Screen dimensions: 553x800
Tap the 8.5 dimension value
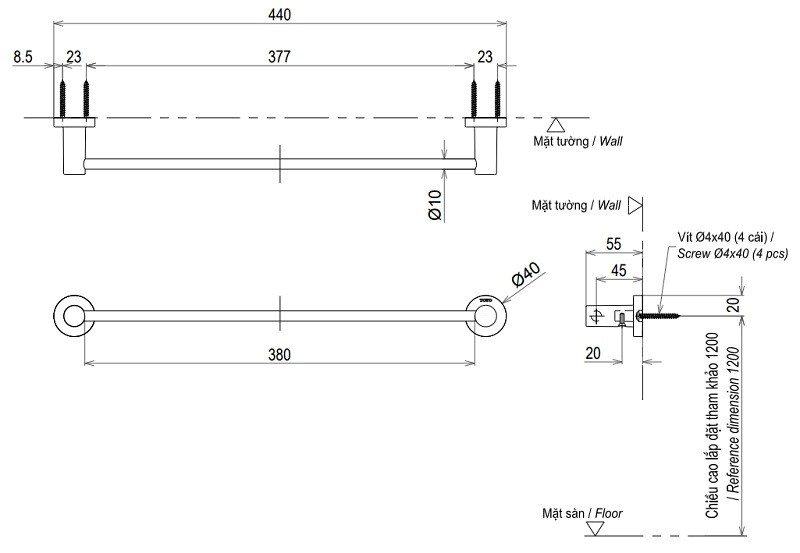25,58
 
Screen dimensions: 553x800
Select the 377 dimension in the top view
279,58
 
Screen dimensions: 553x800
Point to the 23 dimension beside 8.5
75,58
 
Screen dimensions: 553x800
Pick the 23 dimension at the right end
485,58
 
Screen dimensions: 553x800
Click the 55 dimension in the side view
615,243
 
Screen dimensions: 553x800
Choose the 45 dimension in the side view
618,269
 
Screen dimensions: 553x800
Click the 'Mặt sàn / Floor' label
571,514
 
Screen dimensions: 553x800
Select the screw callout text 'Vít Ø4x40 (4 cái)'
719,237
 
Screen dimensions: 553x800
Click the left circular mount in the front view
71,316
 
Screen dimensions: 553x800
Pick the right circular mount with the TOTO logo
488,316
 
